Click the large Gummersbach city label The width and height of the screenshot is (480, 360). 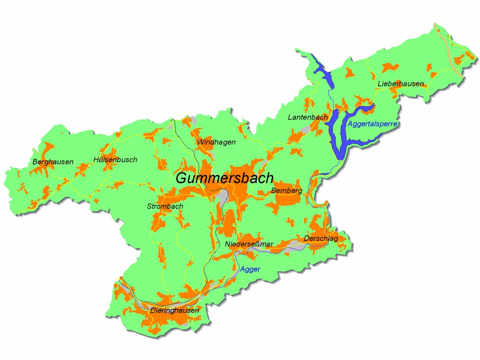coord(224,179)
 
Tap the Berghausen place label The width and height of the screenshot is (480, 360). coord(53,162)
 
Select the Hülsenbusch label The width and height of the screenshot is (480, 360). coord(115,160)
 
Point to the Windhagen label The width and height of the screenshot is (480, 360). coord(216,142)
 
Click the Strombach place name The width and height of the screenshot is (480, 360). coord(165,206)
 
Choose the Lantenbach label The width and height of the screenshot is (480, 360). coord(307,118)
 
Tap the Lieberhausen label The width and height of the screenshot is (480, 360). coord(400,84)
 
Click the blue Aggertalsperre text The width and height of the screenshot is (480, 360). coord(373,124)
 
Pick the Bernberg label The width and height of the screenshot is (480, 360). coord(286,191)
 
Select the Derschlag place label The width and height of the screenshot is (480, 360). coord(321,239)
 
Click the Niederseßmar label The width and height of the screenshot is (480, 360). coord(249,244)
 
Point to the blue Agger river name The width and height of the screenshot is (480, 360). coord(250,270)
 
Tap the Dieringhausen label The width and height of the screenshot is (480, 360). coord(174,310)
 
